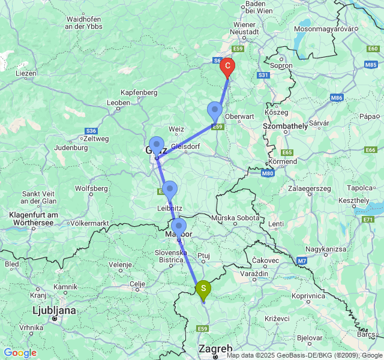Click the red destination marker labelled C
coord(227,67)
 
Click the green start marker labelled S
coord(203,289)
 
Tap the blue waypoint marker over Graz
coord(157,146)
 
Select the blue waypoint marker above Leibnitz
coord(169,190)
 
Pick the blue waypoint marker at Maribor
coord(179,228)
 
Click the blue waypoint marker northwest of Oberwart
coord(215,111)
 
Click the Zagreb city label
coord(215,349)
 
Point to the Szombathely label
coord(285,125)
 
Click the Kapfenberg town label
coord(139,92)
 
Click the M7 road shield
coord(302,260)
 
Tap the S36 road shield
coord(91,130)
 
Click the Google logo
coord(20,353)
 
